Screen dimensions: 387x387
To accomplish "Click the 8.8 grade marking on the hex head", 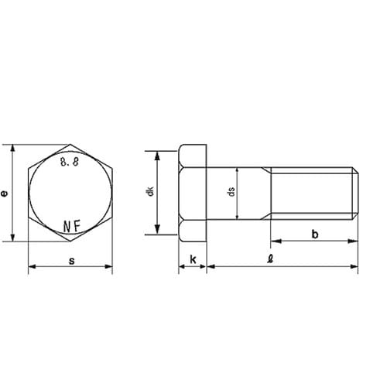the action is pyautogui.click(x=70, y=162).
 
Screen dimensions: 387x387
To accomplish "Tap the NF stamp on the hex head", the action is pyautogui.click(x=72, y=226).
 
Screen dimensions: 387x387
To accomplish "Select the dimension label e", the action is pyautogui.click(x=4, y=193).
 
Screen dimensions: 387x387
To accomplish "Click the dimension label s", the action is pyautogui.click(x=72, y=261).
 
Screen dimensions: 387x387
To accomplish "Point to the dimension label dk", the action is pyautogui.click(x=150, y=191).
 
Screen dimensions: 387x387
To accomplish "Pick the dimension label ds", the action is pyautogui.click(x=231, y=191).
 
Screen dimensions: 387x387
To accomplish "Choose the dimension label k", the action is pyautogui.click(x=193, y=259).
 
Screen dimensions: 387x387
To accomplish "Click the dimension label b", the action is pyautogui.click(x=315, y=235).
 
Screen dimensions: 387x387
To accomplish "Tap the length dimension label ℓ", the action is pyautogui.click(x=270, y=259).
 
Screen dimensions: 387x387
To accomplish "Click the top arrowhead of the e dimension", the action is pyautogui.click(x=12, y=149).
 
